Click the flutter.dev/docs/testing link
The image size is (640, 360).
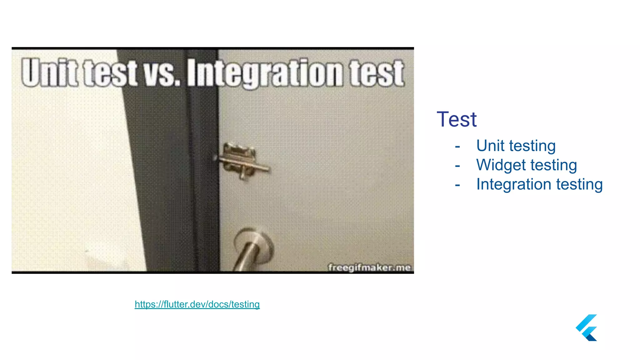(x=197, y=304)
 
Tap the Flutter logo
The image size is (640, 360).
(x=587, y=327)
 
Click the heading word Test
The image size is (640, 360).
(x=457, y=119)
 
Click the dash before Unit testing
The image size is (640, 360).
(x=457, y=147)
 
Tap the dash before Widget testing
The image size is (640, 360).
(x=457, y=166)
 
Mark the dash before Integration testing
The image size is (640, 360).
(x=457, y=185)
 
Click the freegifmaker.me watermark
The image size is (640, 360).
(x=369, y=268)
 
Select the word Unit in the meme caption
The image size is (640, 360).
(x=49, y=72)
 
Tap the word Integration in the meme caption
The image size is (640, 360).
(x=265, y=73)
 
